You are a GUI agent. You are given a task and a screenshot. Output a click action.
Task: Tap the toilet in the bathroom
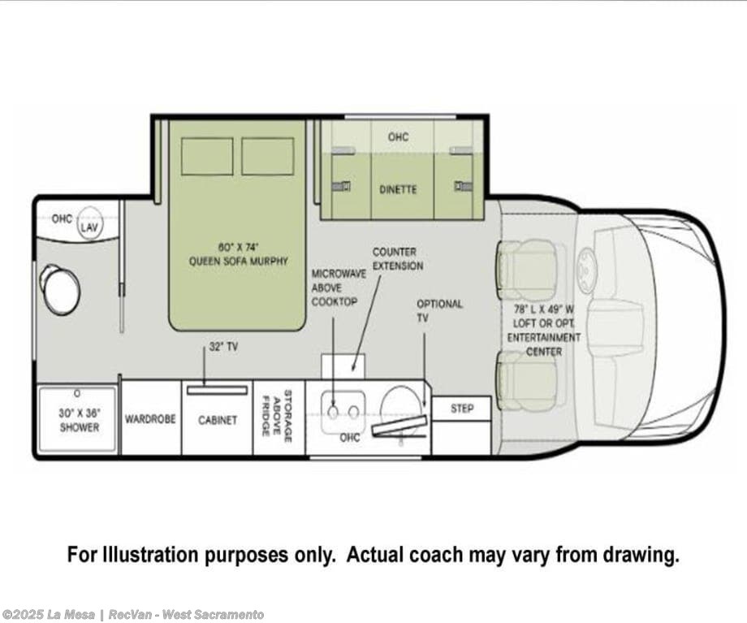(60, 288)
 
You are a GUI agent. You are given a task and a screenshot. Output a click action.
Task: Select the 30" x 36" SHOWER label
(79, 420)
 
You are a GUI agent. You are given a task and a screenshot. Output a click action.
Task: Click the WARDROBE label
(150, 419)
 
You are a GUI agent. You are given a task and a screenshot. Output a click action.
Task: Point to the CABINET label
(218, 420)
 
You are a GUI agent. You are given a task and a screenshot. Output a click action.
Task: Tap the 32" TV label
(223, 347)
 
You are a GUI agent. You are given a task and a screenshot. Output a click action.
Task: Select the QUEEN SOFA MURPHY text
(238, 261)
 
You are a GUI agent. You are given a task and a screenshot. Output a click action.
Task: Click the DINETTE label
(398, 189)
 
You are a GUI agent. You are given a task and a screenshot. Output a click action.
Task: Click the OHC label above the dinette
(398, 136)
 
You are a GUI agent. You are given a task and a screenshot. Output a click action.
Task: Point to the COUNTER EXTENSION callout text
(397, 258)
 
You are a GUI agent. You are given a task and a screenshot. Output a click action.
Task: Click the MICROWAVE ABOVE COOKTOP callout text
(339, 288)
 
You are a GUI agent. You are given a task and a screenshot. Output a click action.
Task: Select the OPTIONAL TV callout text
(439, 310)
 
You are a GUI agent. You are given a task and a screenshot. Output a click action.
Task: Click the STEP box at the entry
(462, 409)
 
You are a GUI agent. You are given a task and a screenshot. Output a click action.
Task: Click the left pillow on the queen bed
(207, 156)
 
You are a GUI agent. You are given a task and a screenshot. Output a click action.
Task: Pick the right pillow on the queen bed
(267, 156)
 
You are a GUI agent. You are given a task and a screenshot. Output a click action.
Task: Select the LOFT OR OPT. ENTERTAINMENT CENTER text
(543, 337)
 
